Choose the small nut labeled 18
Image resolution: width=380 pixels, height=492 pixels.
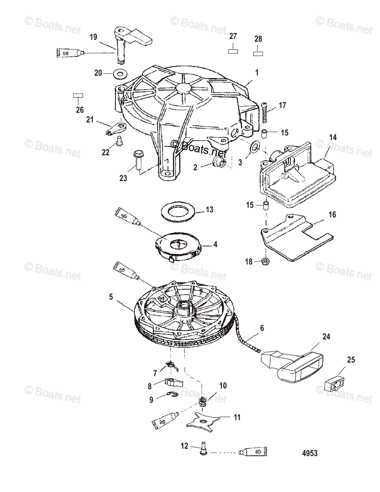click(x=266, y=261)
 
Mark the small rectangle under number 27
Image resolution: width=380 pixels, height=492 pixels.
click(x=233, y=51)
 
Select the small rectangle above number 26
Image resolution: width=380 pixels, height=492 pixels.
click(x=78, y=96)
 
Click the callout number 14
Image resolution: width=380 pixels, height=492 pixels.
click(x=332, y=137)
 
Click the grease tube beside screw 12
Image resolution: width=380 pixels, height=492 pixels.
click(x=252, y=452)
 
